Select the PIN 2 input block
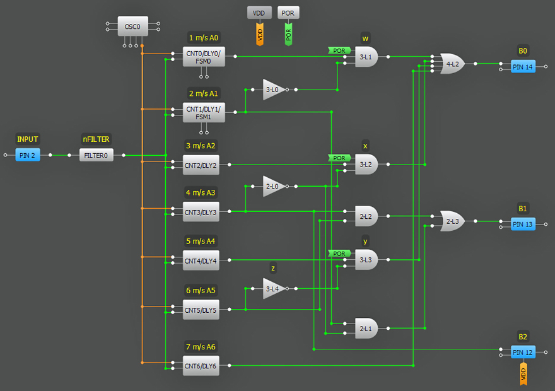pyautogui.click(x=28, y=155)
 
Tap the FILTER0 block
pyautogui.click(x=96, y=155)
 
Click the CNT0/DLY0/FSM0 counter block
pyautogui.click(x=203, y=57)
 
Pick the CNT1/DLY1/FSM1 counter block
pyautogui.click(x=203, y=113)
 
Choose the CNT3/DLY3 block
pyautogui.click(x=201, y=213)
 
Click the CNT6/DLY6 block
pyautogui.click(x=201, y=366)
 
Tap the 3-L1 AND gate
pyautogui.click(x=366, y=57)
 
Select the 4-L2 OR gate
pyautogui.click(x=452, y=64)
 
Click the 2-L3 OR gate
pyautogui.click(x=452, y=221)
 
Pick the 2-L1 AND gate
pyautogui.click(x=366, y=328)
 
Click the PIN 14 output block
pyautogui.click(x=522, y=67)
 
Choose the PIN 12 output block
pyautogui.click(x=522, y=352)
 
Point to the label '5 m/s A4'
pyautogui.click(x=201, y=241)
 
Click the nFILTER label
pyautogui.click(x=95, y=139)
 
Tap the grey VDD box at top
pyautogui.click(x=259, y=13)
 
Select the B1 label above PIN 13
pyautogui.click(x=523, y=208)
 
